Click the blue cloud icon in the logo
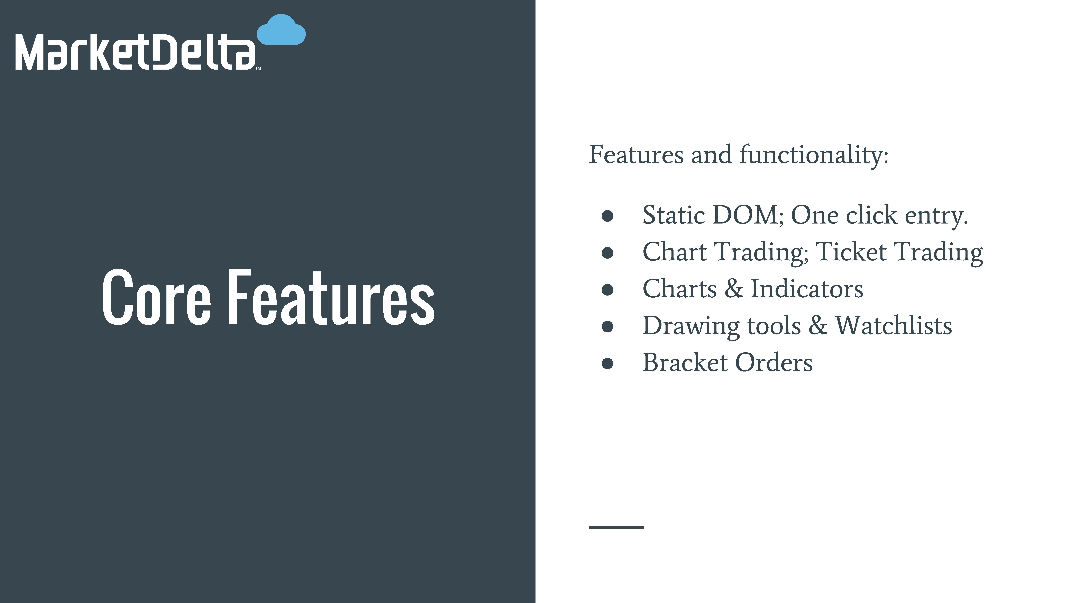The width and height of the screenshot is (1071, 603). pos(282,30)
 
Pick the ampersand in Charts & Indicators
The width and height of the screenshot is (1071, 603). pos(734,289)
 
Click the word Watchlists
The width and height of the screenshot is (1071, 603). pos(894,325)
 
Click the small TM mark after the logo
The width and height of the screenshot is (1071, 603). pos(258,68)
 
